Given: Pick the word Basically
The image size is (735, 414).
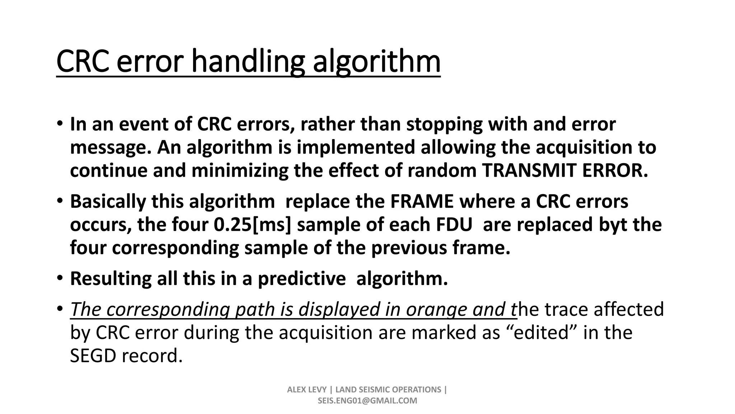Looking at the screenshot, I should [x=108, y=201].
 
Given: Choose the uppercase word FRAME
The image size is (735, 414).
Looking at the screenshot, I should [x=422, y=201].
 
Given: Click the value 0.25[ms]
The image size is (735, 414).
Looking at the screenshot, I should [x=253, y=225].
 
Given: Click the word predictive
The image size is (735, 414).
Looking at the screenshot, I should [x=302, y=279].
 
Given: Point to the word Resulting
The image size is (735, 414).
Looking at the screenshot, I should [x=111, y=279].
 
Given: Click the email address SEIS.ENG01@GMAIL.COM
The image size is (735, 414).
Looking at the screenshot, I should [x=367, y=401].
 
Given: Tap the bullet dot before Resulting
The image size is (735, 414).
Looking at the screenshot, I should [x=60, y=279].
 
